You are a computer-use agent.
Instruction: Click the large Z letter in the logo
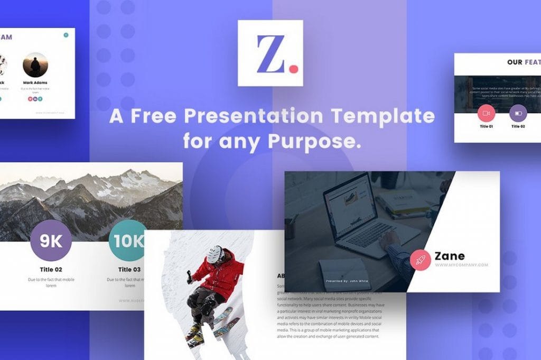[x=269, y=53]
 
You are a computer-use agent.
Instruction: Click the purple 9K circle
[x=51, y=242]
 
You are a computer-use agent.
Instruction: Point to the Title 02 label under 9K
[x=51, y=269]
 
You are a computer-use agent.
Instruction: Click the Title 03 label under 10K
[x=129, y=269]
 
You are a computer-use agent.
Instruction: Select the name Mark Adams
[x=35, y=82]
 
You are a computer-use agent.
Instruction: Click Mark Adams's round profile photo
[x=35, y=64]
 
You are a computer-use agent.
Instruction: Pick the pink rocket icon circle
[x=421, y=260]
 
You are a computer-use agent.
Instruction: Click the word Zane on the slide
[x=450, y=256]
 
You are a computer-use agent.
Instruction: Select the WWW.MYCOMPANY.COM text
[x=461, y=265]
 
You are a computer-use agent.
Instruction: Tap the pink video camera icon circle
[x=486, y=113]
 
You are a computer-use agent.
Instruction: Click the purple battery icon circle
[x=518, y=113]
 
